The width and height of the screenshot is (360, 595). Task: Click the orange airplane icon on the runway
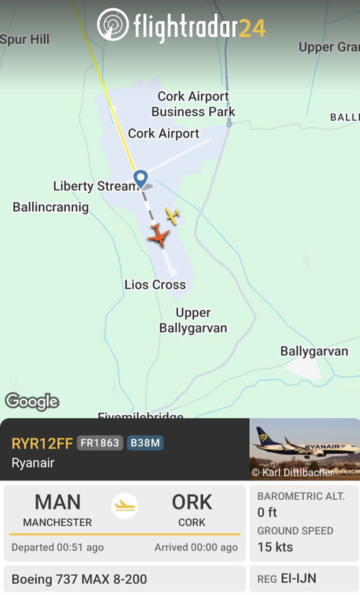(158, 237)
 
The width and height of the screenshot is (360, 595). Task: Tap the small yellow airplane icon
(173, 216)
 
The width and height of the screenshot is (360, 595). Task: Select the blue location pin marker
(140, 178)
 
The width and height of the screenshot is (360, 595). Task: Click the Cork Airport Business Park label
(193, 104)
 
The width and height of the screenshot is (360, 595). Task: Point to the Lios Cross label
(155, 285)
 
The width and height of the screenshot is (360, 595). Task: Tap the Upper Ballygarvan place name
(193, 321)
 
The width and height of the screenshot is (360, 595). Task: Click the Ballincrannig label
(51, 208)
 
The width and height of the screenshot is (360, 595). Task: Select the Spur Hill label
(25, 39)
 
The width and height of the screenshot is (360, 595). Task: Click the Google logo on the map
(32, 402)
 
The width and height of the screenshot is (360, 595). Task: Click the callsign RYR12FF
(42, 443)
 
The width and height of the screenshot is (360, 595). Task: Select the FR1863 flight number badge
(100, 443)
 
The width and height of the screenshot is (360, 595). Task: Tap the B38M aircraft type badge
(145, 443)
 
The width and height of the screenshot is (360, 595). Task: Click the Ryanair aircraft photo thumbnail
(303, 449)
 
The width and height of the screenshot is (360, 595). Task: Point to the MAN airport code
(57, 502)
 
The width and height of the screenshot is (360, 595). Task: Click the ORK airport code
(192, 502)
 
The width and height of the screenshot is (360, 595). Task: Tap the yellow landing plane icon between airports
(125, 506)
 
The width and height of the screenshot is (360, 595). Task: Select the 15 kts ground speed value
(275, 547)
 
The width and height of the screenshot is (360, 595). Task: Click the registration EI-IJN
(298, 578)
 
